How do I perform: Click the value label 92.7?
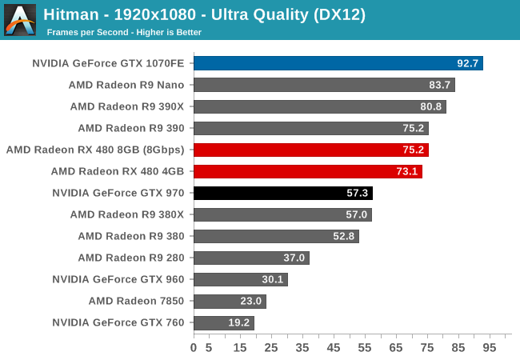coord(468,63)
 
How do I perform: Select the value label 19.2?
coord(239,322)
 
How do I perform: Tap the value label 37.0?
coord(294,258)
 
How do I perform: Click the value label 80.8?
coord(431,106)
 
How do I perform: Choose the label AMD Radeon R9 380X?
coord(126,214)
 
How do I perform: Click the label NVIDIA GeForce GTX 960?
coord(118,279)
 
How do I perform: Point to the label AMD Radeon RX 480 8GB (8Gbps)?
coord(94,150)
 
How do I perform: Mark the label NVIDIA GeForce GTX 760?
coord(118,322)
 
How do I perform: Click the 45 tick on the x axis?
coord(334,348)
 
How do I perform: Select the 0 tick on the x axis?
coord(194,348)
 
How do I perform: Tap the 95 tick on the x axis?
coord(489,348)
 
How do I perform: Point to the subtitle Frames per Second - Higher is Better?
coord(124,32)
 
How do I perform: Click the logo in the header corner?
coord(20,20)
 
